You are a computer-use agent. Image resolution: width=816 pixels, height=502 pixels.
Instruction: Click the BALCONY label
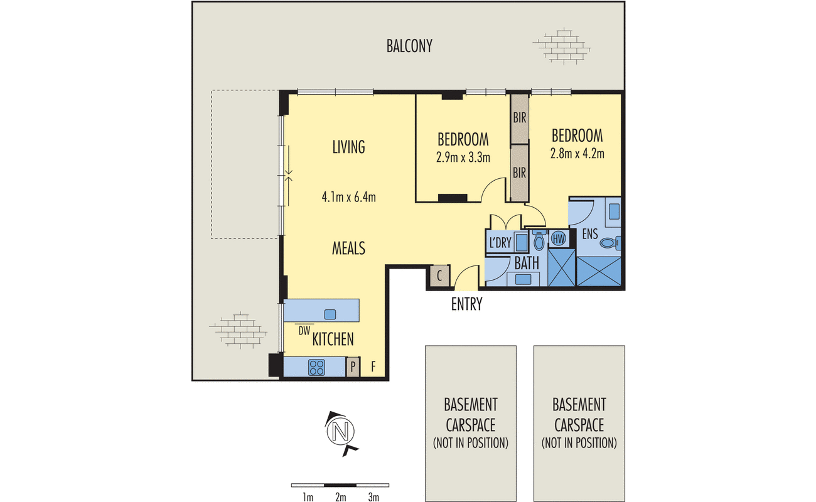409,46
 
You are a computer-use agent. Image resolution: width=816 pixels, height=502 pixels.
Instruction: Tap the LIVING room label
348,147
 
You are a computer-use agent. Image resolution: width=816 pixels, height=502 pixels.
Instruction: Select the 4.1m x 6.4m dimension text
348,197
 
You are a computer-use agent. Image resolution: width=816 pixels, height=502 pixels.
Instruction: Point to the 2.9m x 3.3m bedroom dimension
463,158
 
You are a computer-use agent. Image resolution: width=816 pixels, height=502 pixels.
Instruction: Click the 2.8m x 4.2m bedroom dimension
577,153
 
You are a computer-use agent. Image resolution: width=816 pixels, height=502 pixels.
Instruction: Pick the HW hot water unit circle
559,239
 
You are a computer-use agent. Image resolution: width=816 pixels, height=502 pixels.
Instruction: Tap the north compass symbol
341,433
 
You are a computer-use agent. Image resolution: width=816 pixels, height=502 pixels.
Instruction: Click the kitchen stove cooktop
316,367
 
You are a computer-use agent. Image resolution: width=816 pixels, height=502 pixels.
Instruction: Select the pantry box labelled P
353,367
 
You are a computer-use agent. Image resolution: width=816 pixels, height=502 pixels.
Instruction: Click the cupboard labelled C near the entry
439,275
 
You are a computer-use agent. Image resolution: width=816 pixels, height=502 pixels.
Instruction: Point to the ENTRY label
466,304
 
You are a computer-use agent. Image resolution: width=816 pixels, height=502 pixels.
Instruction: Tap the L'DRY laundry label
500,243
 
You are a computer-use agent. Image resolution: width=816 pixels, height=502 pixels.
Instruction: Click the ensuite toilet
611,243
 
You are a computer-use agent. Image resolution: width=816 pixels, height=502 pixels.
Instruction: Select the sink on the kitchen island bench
330,314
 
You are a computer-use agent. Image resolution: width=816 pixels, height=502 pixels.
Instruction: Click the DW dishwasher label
304,331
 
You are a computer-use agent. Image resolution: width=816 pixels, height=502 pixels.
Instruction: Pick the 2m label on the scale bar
341,497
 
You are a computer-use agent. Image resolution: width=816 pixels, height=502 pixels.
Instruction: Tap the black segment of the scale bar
340,485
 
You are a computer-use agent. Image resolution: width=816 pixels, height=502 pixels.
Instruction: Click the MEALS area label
348,248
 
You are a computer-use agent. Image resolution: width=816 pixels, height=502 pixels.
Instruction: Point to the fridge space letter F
373,367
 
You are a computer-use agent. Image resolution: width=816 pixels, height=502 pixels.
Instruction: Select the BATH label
527,264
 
